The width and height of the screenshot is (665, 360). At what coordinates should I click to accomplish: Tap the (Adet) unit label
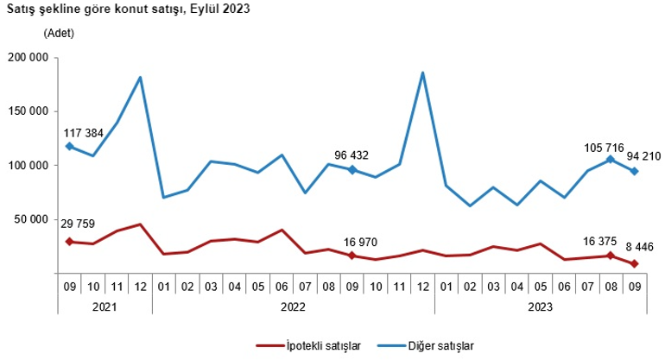pos(59,34)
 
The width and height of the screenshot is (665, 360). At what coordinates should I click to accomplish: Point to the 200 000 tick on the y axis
pos(30,58)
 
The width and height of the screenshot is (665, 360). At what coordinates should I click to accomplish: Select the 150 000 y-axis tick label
pos(30,111)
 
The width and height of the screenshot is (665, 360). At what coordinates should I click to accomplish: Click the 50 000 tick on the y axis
pos(33,219)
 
